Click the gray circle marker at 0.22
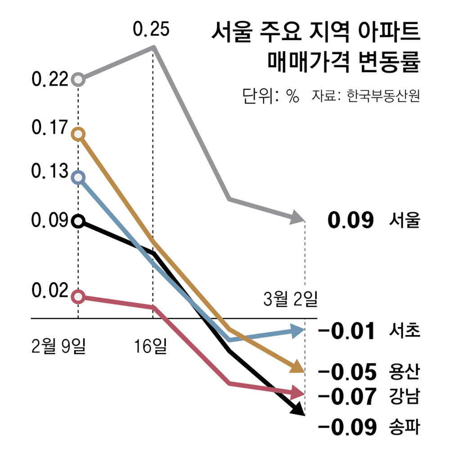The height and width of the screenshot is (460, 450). pyautogui.click(x=78, y=80)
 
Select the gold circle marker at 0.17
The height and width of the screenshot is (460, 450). pyautogui.click(x=78, y=134)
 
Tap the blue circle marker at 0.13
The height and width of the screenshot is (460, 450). pyautogui.click(x=78, y=177)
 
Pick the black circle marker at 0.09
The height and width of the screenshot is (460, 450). pyautogui.click(x=78, y=221)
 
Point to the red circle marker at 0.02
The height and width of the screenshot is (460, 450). pyautogui.click(x=78, y=296)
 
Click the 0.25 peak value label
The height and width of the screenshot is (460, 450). pyautogui.click(x=151, y=30)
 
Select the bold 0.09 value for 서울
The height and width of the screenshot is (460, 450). pyautogui.click(x=351, y=221)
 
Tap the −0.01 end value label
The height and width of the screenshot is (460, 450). pyautogui.click(x=346, y=332)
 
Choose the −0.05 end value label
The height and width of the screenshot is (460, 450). pyautogui.click(x=346, y=372)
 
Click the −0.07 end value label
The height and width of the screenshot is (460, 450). pyautogui.click(x=346, y=396)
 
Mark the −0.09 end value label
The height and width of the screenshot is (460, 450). pyautogui.click(x=346, y=428)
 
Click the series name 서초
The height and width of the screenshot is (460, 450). pyautogui.click(x=404, y=332)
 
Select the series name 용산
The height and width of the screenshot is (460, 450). pyautogui.click(x=404, y=372)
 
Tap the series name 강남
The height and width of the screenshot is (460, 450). pyautogui.click(x=404, y=396)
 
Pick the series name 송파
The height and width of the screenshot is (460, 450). pyautogui.click(x=404, y=428)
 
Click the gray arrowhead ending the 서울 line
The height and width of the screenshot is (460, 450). pyautogui.click(x=297, y=219)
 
